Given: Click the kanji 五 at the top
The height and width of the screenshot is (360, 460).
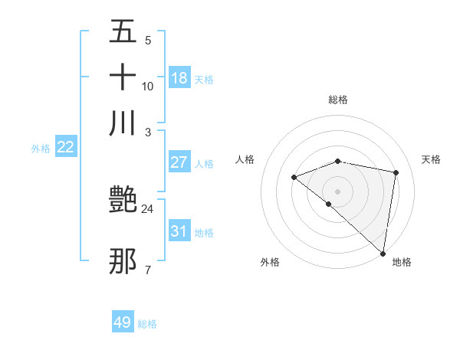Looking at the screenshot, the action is pyautogui.click(x=123, y=33).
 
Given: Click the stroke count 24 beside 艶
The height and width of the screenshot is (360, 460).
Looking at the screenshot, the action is pyautogui.click(x=147, y=208).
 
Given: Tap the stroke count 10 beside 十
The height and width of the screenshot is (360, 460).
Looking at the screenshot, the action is pyautogui.click(x=147, y=86).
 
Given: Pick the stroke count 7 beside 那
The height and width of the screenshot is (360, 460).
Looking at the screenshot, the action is pyautogui.click(x=147, y=270).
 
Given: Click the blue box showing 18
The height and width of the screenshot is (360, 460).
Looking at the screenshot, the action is pyautogui.click(x=179, y=77).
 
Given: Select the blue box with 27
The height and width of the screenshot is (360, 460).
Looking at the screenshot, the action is pyautogui.click(x=179, y=162).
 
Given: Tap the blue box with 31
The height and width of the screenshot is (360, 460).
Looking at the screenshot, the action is pyautogui.click(x=179, y=231).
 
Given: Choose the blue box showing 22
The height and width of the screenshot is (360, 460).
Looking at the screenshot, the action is pyautogui.click(x=65, y=147).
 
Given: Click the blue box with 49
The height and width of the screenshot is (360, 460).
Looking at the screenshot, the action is pyautogui.click(x=123, y=322).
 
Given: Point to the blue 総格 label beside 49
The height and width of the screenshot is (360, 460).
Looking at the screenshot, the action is pyautogui.click(x=147, y=324).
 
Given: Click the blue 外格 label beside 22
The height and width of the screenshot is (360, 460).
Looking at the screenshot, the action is pyautogui.click(x=41, y=149).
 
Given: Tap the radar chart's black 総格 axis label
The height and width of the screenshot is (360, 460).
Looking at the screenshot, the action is pyautogui.click(x=338, y=100).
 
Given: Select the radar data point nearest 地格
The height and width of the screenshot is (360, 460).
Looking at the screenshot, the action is pyautogui.click(x=383, y=254).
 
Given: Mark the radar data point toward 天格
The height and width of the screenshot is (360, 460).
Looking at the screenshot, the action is pyautogui.click(x=396, y=172).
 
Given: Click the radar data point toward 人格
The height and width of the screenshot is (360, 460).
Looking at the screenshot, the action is pyautogui.click(x=294, y=178).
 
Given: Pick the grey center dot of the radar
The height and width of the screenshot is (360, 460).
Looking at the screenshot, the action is pyautogui.click(x=338, y=191).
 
